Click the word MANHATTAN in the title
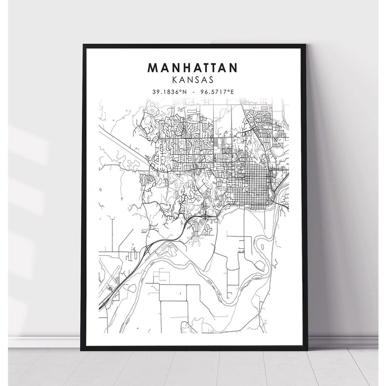tap(193, 68)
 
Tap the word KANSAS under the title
tap(193, 78)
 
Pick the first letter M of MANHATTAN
tap(153, 68)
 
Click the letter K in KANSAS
tap(176, 78)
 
